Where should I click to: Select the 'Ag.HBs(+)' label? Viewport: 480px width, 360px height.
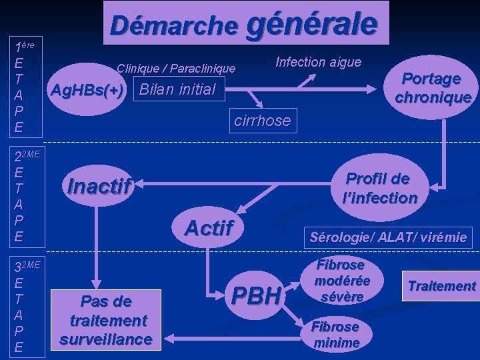click(88, 90)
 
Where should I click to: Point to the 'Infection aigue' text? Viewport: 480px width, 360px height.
click(318, 62)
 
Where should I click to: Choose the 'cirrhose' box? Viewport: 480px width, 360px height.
click(262, 121)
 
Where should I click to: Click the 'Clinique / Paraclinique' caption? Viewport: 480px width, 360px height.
click(176, 68)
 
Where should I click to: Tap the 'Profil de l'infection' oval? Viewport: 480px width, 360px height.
click(378, 188)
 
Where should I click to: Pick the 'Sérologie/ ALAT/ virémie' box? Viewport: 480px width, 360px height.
click(388, 236)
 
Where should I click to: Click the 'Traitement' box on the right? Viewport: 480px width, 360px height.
click(442, 287)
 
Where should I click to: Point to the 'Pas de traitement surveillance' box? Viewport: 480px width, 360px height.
click(105, 320)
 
